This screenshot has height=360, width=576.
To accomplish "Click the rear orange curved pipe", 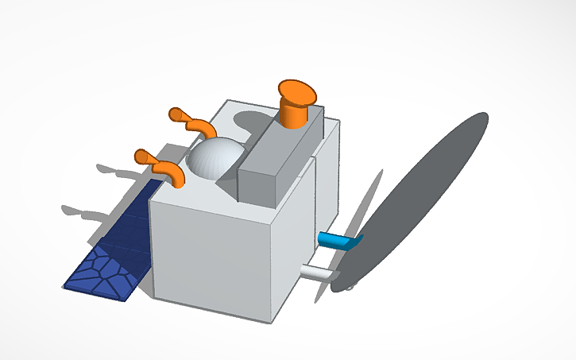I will point(201,127).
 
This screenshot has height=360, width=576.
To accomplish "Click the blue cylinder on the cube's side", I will point(338,239).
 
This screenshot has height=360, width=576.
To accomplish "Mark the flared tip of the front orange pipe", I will point(144,156).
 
